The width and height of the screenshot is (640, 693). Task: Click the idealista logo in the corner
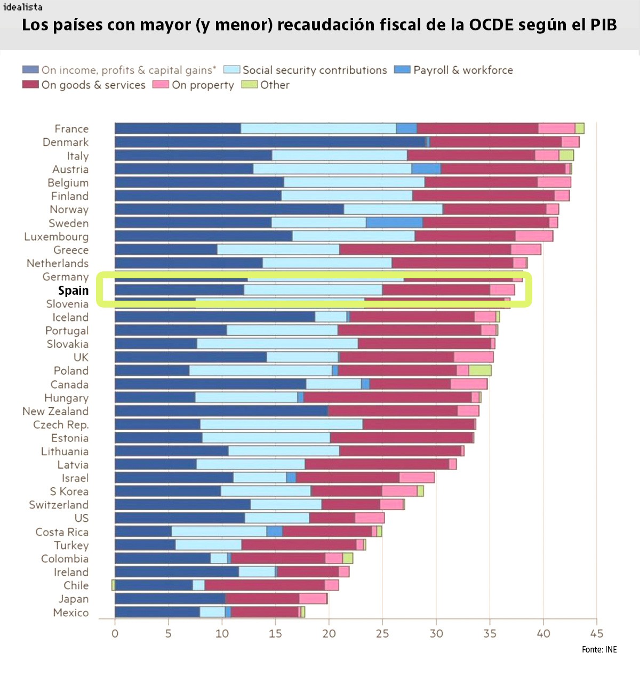[23, 7]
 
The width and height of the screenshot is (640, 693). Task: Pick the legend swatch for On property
[161, 85]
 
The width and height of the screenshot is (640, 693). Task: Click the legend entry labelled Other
[274, 85]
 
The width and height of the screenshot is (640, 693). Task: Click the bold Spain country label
[73, 291]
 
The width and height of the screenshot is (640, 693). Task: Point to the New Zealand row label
[55, 411]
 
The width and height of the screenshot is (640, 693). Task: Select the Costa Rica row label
[62, 532]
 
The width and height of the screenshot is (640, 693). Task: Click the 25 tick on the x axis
[382, 633]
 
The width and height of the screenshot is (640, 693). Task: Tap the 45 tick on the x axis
[596, 633]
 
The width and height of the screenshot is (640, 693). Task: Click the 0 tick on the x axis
[115, 633]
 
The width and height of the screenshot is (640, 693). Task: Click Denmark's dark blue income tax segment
[269, 142]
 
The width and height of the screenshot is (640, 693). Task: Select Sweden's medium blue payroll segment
[394, 223]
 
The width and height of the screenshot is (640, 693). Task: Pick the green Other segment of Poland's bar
[479, 370]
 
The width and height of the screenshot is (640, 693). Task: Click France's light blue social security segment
[318, 128]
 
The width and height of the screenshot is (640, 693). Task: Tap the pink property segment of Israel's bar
[417, 478]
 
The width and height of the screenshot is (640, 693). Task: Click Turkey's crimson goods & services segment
[299, 545]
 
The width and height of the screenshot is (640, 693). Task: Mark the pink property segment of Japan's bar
[313, 599]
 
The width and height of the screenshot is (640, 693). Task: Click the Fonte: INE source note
[599, 649]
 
